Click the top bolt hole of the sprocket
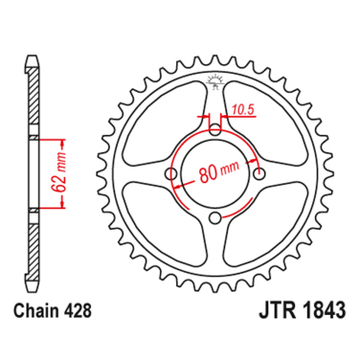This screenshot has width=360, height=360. coord(214,129)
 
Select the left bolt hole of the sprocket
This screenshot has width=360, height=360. coord(171,174)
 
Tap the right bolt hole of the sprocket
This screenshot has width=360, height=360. coord(260,173)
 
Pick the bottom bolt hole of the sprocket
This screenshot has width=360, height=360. coord(216,218)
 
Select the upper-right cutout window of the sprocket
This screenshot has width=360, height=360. coord(265,123)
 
